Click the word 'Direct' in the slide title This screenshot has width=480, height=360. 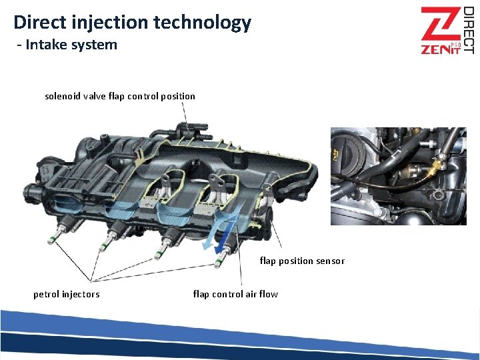(39, 22)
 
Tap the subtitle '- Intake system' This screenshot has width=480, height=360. (67, 45)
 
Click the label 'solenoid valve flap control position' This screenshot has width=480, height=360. (120, 96)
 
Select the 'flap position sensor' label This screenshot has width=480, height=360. (302, 261)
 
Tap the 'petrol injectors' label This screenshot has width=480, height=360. (67, 294)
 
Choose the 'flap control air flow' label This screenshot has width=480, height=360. (235, 294)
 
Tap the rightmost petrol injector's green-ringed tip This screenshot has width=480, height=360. (217, 263)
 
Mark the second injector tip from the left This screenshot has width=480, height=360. (103, 245)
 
